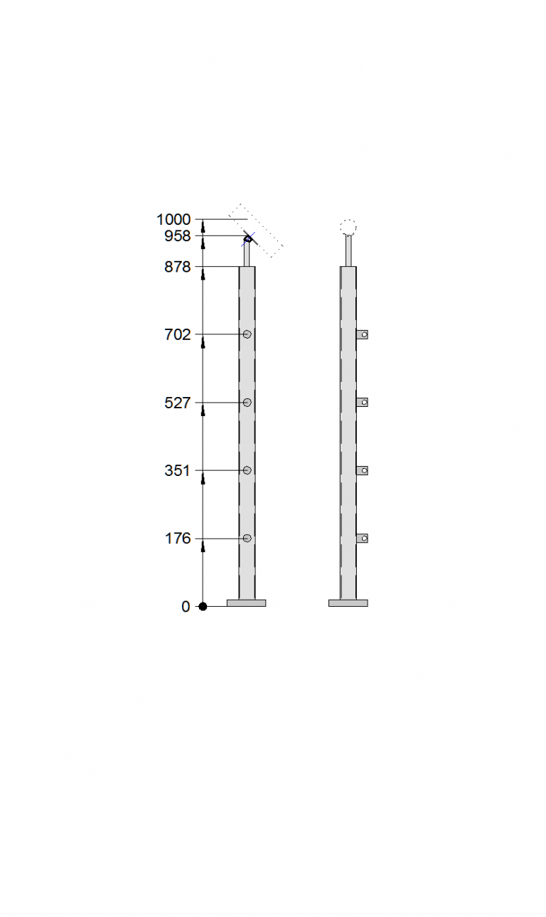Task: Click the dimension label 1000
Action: (x=173, y=219)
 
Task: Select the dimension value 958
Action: (x=178, y=235)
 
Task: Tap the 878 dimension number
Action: (x=178, y=267)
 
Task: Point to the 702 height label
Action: (x=178, y=334)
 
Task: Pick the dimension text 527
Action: (x=178, y=403)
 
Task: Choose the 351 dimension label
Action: (x=178, y=470)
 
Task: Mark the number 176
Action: (x=178, y=539)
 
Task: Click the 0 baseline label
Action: (x=186, y=607)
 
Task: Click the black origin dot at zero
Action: (x=203, y=607)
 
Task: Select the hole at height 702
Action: (x=247, y=334)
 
